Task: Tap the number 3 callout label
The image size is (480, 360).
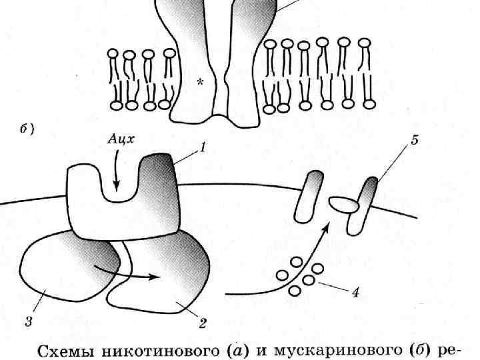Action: pos(29,323)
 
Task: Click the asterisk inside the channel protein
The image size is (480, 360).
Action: pos(199,82)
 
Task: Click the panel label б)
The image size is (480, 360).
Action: pos(26,130)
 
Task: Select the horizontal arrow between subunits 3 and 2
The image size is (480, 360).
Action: pos(127,273)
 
